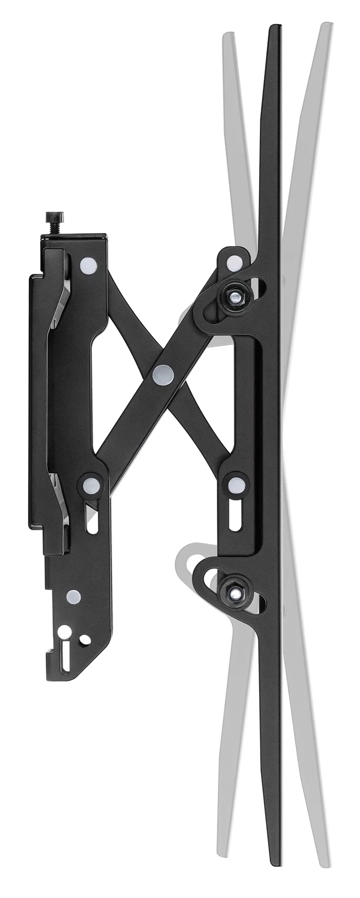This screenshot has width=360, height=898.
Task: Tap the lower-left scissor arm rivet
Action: pyautogui.click(x=90, y=485)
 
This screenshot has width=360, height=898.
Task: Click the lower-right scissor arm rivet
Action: pyautogui.click(x=235, y=485)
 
